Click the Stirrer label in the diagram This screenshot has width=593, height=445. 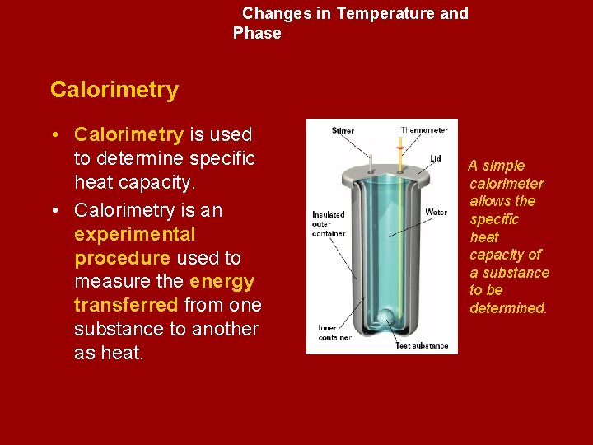[x=343, y=131]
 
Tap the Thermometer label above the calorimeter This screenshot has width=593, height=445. [x=424, y=130]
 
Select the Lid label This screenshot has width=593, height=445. [x=436, y=158]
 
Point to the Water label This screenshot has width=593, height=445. [x=437, y=213]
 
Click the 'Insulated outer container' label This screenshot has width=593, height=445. [x=329, y=223]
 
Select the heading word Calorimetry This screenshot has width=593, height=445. [x=114, y=90]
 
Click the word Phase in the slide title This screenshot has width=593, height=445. [x=257, y=34]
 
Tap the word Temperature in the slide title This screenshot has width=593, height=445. [x=385, y=14]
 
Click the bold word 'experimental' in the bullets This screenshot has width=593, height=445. [x=134, y=234]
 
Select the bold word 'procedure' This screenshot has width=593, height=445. [x=122, y=258]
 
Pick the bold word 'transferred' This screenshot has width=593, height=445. [x=126, y=306]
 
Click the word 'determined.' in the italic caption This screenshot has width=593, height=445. [x=508, y=308]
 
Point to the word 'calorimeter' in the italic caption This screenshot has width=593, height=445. [x=507, y=183]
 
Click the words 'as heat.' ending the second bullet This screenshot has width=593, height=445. [x=109, y=354]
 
